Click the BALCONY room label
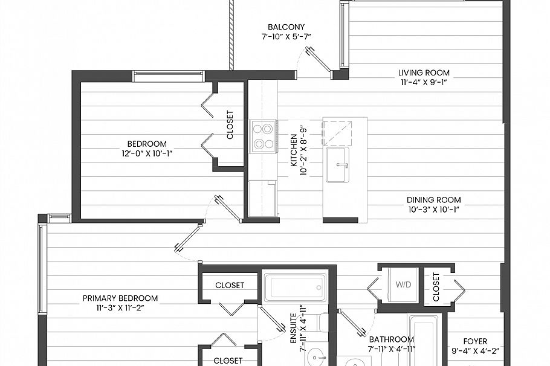click(286, 27)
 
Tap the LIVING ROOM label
click(424, 73)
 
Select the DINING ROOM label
click(433, 200)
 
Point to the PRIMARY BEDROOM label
click(120, 298)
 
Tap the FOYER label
click(474, 341)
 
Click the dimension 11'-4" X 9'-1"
click(424, 83)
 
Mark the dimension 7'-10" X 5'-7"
click(286, 37)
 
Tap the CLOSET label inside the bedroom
click(230, 124)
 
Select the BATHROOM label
click(391, 339)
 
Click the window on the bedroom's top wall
click(169, 76)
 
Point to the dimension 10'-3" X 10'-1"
click(433, 210)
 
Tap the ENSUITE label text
click(293, 329)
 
